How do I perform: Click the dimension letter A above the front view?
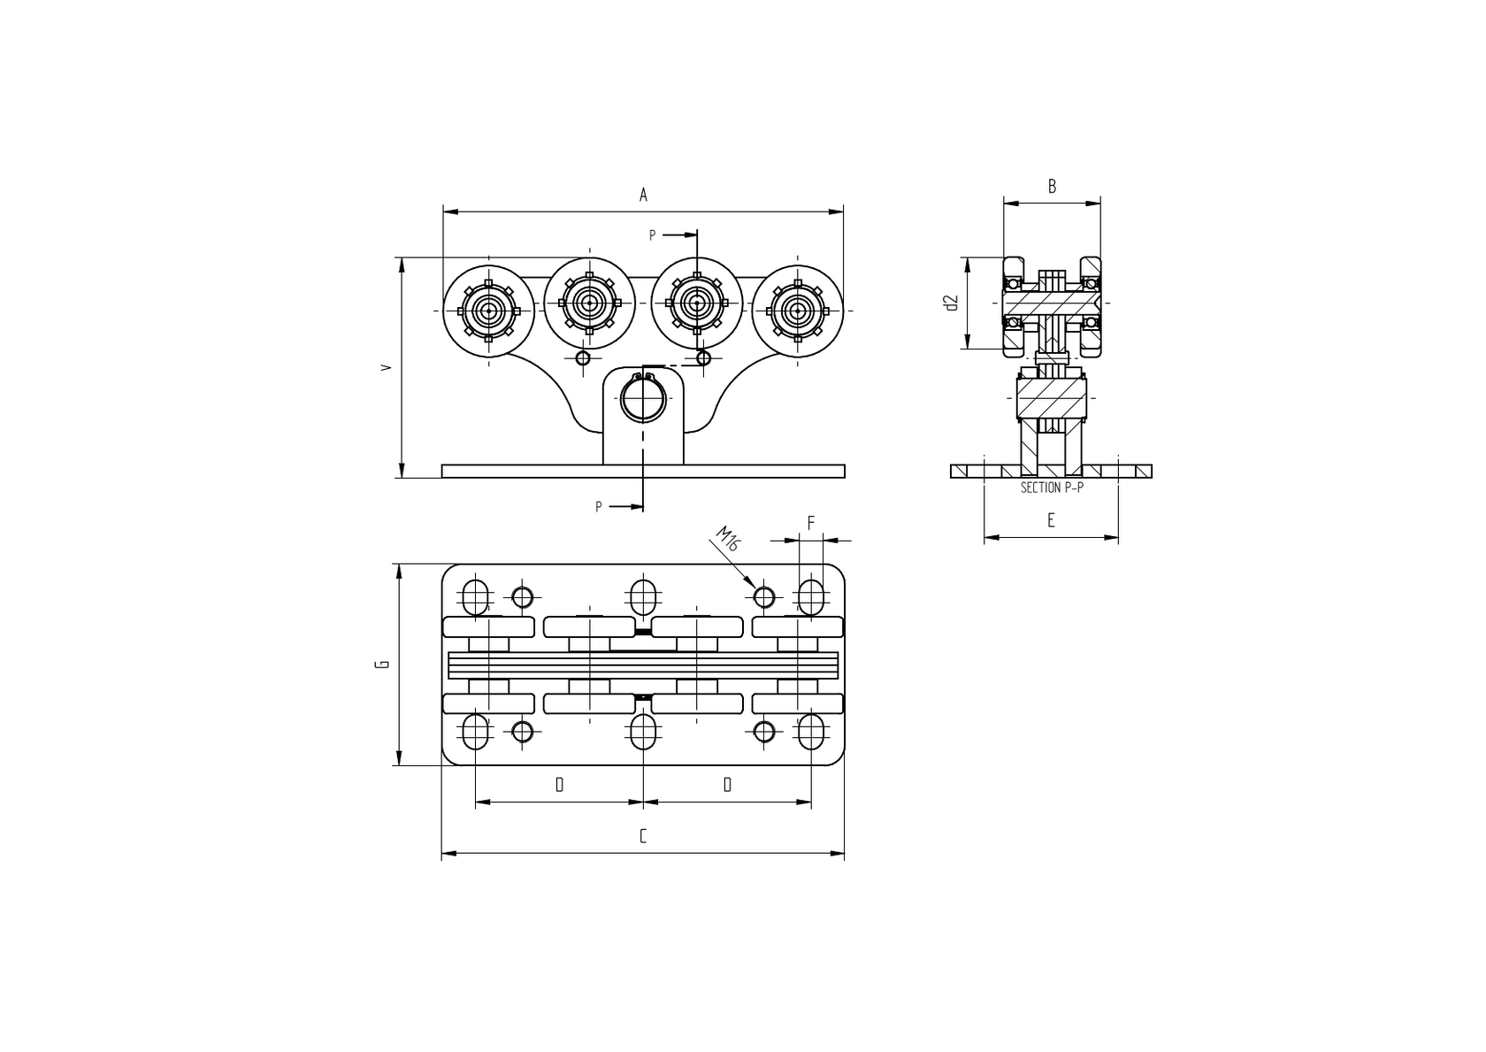[644, 195]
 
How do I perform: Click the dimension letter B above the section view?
[1052, 187]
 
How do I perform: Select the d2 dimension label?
[952, 303]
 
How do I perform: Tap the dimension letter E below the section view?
[1051, 520]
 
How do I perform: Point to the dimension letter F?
[810, 523]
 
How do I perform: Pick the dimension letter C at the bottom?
[643, 836]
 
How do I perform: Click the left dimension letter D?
[559, 785]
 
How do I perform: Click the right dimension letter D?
[727, 785]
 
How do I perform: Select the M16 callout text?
[727, 540]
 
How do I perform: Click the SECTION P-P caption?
[1052, 488]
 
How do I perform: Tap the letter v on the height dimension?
[385, 366]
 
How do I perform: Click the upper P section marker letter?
[653, 235]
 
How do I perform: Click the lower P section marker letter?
[599, 507]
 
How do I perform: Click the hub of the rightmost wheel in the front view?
[798, 311]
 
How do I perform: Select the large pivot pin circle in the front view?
[643, 402]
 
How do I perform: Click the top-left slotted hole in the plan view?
[476, 596]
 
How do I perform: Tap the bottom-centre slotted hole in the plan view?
[643, 732]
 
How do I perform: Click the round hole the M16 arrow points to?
[764, 597]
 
